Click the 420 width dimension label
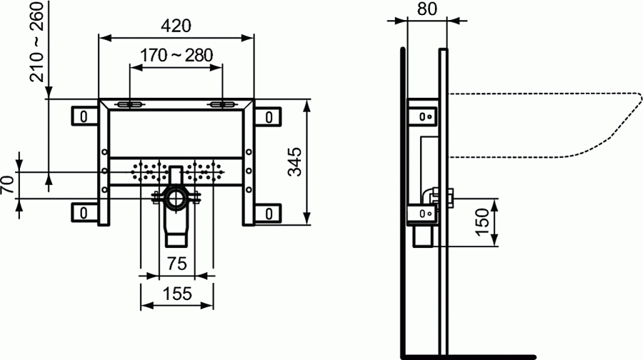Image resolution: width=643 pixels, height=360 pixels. [x=176, y=26]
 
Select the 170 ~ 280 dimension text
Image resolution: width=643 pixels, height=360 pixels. [x=176, y=55]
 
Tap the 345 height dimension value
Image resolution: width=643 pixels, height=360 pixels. [x=294, y=162]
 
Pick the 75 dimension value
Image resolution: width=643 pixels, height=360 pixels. [x=176, y=264]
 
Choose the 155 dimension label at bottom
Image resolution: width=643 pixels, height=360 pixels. [x=177, y=294]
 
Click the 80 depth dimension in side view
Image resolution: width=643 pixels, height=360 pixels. [x=427, y=9]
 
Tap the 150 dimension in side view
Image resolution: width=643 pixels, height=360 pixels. [x=482, y=222]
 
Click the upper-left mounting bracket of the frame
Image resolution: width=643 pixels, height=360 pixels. [x=85, y=116]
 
